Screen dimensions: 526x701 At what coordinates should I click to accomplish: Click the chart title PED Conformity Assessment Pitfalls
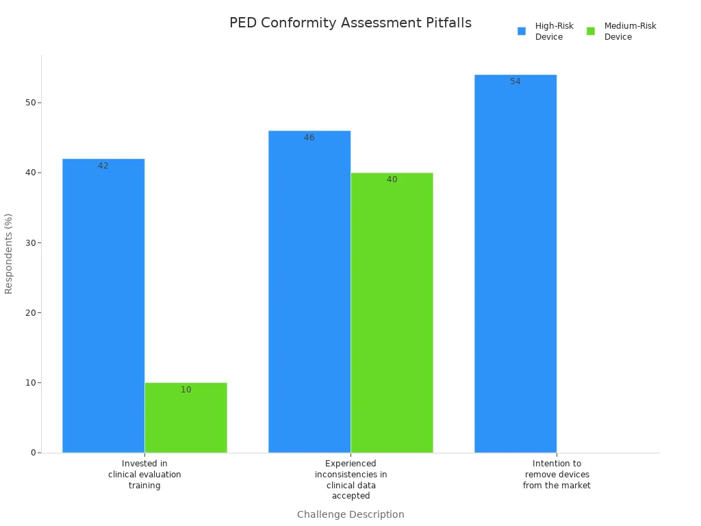tap(350, 23)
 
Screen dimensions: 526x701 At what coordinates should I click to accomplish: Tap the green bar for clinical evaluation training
tap(186, 418)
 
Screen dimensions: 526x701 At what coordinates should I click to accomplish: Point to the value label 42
tap(103, 166)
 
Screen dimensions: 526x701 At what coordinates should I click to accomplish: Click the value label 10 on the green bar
tap(186, 390)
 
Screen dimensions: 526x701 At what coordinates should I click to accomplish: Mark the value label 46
tap(309, 138)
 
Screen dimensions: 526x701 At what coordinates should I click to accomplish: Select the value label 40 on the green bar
tap(392, 179)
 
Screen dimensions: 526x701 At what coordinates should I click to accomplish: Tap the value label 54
tap(515, 82)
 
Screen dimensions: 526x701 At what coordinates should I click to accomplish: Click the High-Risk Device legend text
tap(554, 32)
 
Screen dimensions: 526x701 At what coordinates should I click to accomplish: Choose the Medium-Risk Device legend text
tap(630, 32)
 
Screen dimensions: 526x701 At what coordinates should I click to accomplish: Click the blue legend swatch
tap(522, 31)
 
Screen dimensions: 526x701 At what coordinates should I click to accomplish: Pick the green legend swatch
tap(591, 31)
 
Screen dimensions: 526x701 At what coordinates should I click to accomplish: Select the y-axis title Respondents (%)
tap(9, 253)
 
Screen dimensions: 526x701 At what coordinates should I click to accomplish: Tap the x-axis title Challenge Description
tap(350, 514)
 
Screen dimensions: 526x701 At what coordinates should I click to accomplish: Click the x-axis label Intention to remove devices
tap(557, 475)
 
